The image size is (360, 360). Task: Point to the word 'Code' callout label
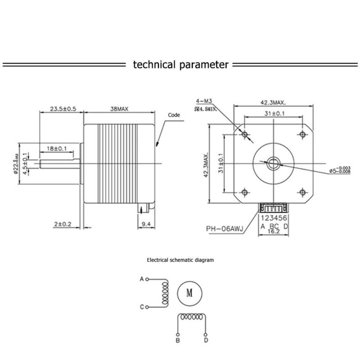pos(174,115)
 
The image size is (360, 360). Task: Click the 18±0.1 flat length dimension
pos(57,148)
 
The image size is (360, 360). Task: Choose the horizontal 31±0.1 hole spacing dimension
pos(274,114)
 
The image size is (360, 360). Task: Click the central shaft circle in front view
pos(274,163)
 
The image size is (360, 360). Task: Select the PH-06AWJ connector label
pos(225,228)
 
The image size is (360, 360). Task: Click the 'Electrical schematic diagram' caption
pos(180,260)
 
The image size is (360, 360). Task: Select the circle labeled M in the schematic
pos(189,293)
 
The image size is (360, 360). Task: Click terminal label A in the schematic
pos(142,279)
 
